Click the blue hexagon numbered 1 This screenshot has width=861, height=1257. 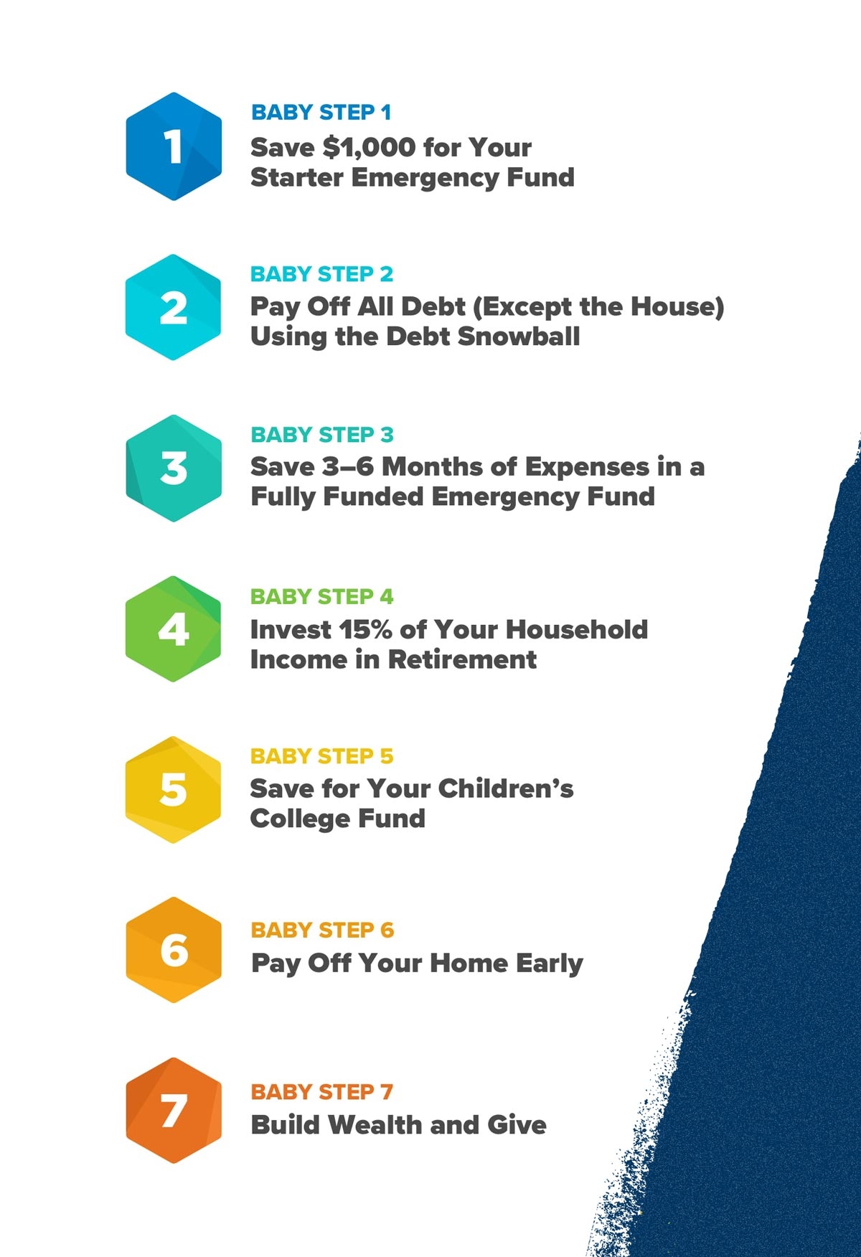[174, 146]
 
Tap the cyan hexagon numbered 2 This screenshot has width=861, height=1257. [174, 307]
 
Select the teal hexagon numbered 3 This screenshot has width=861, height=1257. [174, 468]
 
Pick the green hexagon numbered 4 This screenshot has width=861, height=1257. [174, 629]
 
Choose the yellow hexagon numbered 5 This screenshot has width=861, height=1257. [174, 789]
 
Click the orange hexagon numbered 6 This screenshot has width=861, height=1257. [174, 950]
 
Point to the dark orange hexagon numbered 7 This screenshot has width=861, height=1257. [174, 1111]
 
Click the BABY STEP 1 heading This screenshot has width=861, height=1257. [321, 113]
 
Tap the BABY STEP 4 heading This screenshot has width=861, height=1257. [321, 596]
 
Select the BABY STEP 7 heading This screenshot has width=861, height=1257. [321, 1092]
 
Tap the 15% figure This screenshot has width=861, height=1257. [365, 630]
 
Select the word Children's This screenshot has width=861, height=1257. [506, 788]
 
